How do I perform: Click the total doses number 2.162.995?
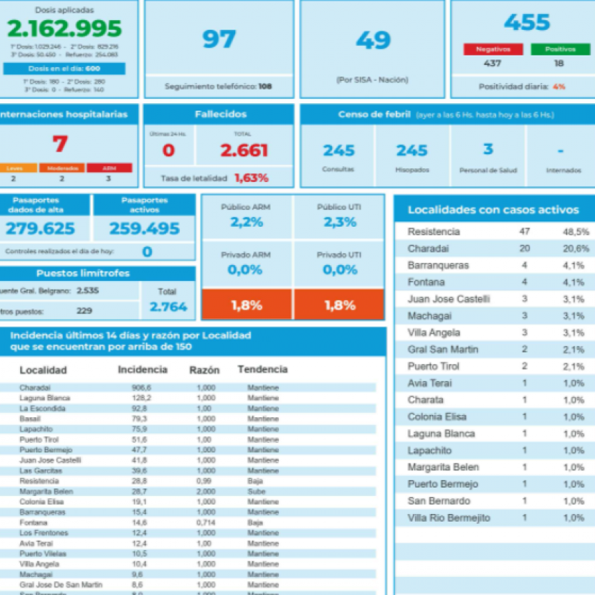(x=64, y=29)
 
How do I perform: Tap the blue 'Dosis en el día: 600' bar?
(x=64, y=68)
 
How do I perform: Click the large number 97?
(x=219, y=39)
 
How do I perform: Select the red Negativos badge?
(x=493, y=49)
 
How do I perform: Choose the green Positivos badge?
(x=560, y=49)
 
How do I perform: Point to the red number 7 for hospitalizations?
(x=60, y=144)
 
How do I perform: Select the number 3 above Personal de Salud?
(x=488, y=149)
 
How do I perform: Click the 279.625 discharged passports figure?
(x=40, y=228)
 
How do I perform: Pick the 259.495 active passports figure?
(x=144, y=228)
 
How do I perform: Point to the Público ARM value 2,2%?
(x=246, y=222)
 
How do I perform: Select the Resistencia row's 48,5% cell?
(x=576, y=232)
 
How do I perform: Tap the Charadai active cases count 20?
(x=524, y=248)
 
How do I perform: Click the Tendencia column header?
(x=262, y=369)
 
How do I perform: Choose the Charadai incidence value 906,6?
(x=141, y=388)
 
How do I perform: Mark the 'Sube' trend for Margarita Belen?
(x=255, y=491)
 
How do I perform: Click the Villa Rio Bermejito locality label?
(x=448, y=518)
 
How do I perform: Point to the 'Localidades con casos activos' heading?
(x=493, y=210)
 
